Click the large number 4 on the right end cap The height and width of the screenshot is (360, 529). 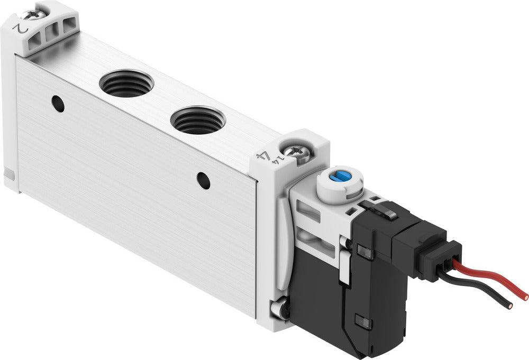(261, 157)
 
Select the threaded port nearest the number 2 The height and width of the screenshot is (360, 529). (126, 84)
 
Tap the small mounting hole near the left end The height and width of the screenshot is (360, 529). (59, 104)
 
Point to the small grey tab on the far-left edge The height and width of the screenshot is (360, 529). (8, 173)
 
